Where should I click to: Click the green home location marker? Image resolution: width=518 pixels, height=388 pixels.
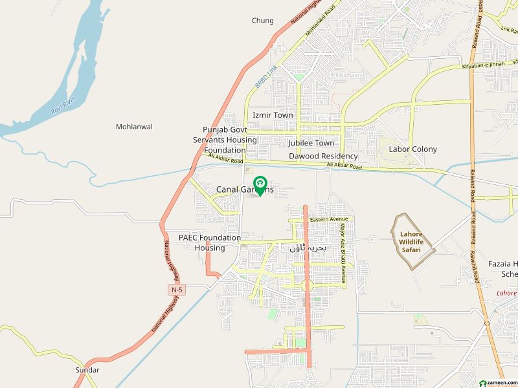tap(260, 186)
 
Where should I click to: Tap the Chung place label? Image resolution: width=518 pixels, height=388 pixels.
tap(262, 21)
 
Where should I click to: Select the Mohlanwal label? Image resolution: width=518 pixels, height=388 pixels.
tap(134, 127)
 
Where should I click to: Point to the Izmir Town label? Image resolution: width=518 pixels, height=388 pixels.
tap(273, 115)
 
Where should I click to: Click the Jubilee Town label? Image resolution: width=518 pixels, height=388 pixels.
tap(311, 143)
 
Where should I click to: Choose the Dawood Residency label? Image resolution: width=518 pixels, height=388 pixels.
tap(323, 156)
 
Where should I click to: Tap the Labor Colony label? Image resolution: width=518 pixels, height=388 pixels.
tap(412, 149)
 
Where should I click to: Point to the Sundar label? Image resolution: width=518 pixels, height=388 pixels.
tap(87, 370)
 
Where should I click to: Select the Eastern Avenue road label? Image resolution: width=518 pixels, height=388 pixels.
tap(329, 220)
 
